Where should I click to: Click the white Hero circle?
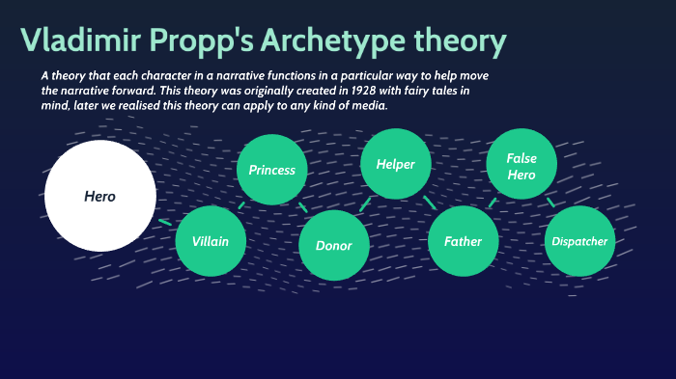pos(100,196)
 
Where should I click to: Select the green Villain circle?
pos(211,241)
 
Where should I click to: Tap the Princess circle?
pos(272,170)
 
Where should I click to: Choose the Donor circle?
pos(334,245)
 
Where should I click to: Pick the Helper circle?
pos(395,164)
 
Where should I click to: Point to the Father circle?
pos(464,241)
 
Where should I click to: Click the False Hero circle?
pos(521,166)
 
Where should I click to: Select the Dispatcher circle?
pos(579,241)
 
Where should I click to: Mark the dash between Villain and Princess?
pos(240,205)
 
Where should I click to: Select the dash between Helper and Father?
pos(430,203)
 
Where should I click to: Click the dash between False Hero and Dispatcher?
pos(551,203)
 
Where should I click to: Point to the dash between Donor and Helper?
pos(364,204)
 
